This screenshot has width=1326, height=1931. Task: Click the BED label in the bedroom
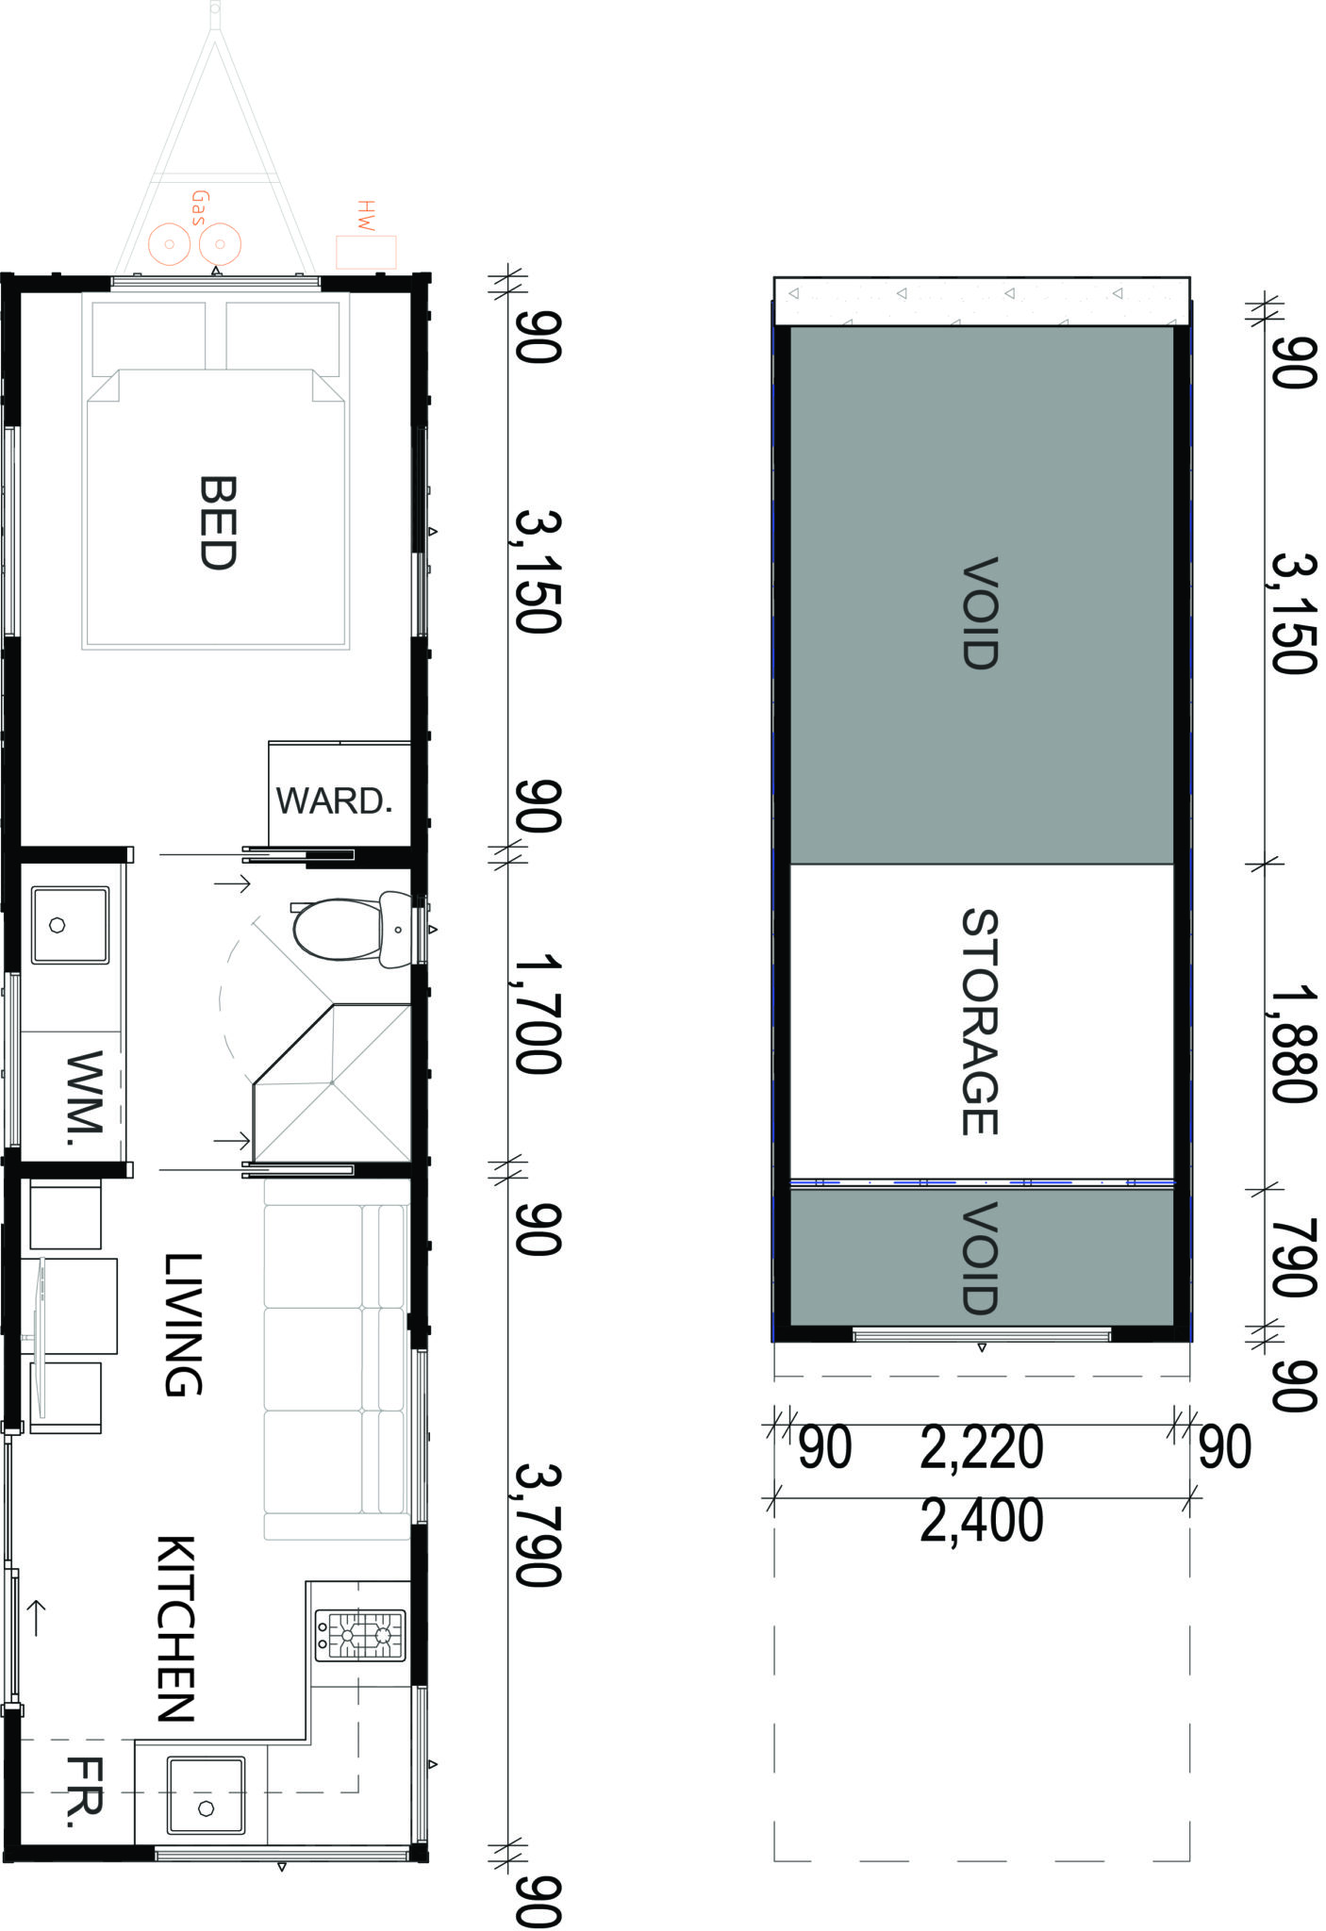coord(217,522)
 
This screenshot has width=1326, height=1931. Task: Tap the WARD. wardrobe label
coord(334,800)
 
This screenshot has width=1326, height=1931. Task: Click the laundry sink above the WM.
coord(69,925)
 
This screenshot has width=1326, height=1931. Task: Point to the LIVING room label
coord(183,1325)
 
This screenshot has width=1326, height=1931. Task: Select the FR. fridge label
coord(84,1791)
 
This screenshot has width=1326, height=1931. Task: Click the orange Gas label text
coord(199,207)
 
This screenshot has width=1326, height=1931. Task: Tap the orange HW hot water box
coord(366,252)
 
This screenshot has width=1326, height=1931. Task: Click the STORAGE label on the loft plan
coord(980,1022)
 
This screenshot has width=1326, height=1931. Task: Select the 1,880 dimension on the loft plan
coord(1292,1045)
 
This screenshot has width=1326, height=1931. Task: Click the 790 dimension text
coord(1292,1258)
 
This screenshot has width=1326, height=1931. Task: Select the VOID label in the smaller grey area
coord(980,1258)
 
